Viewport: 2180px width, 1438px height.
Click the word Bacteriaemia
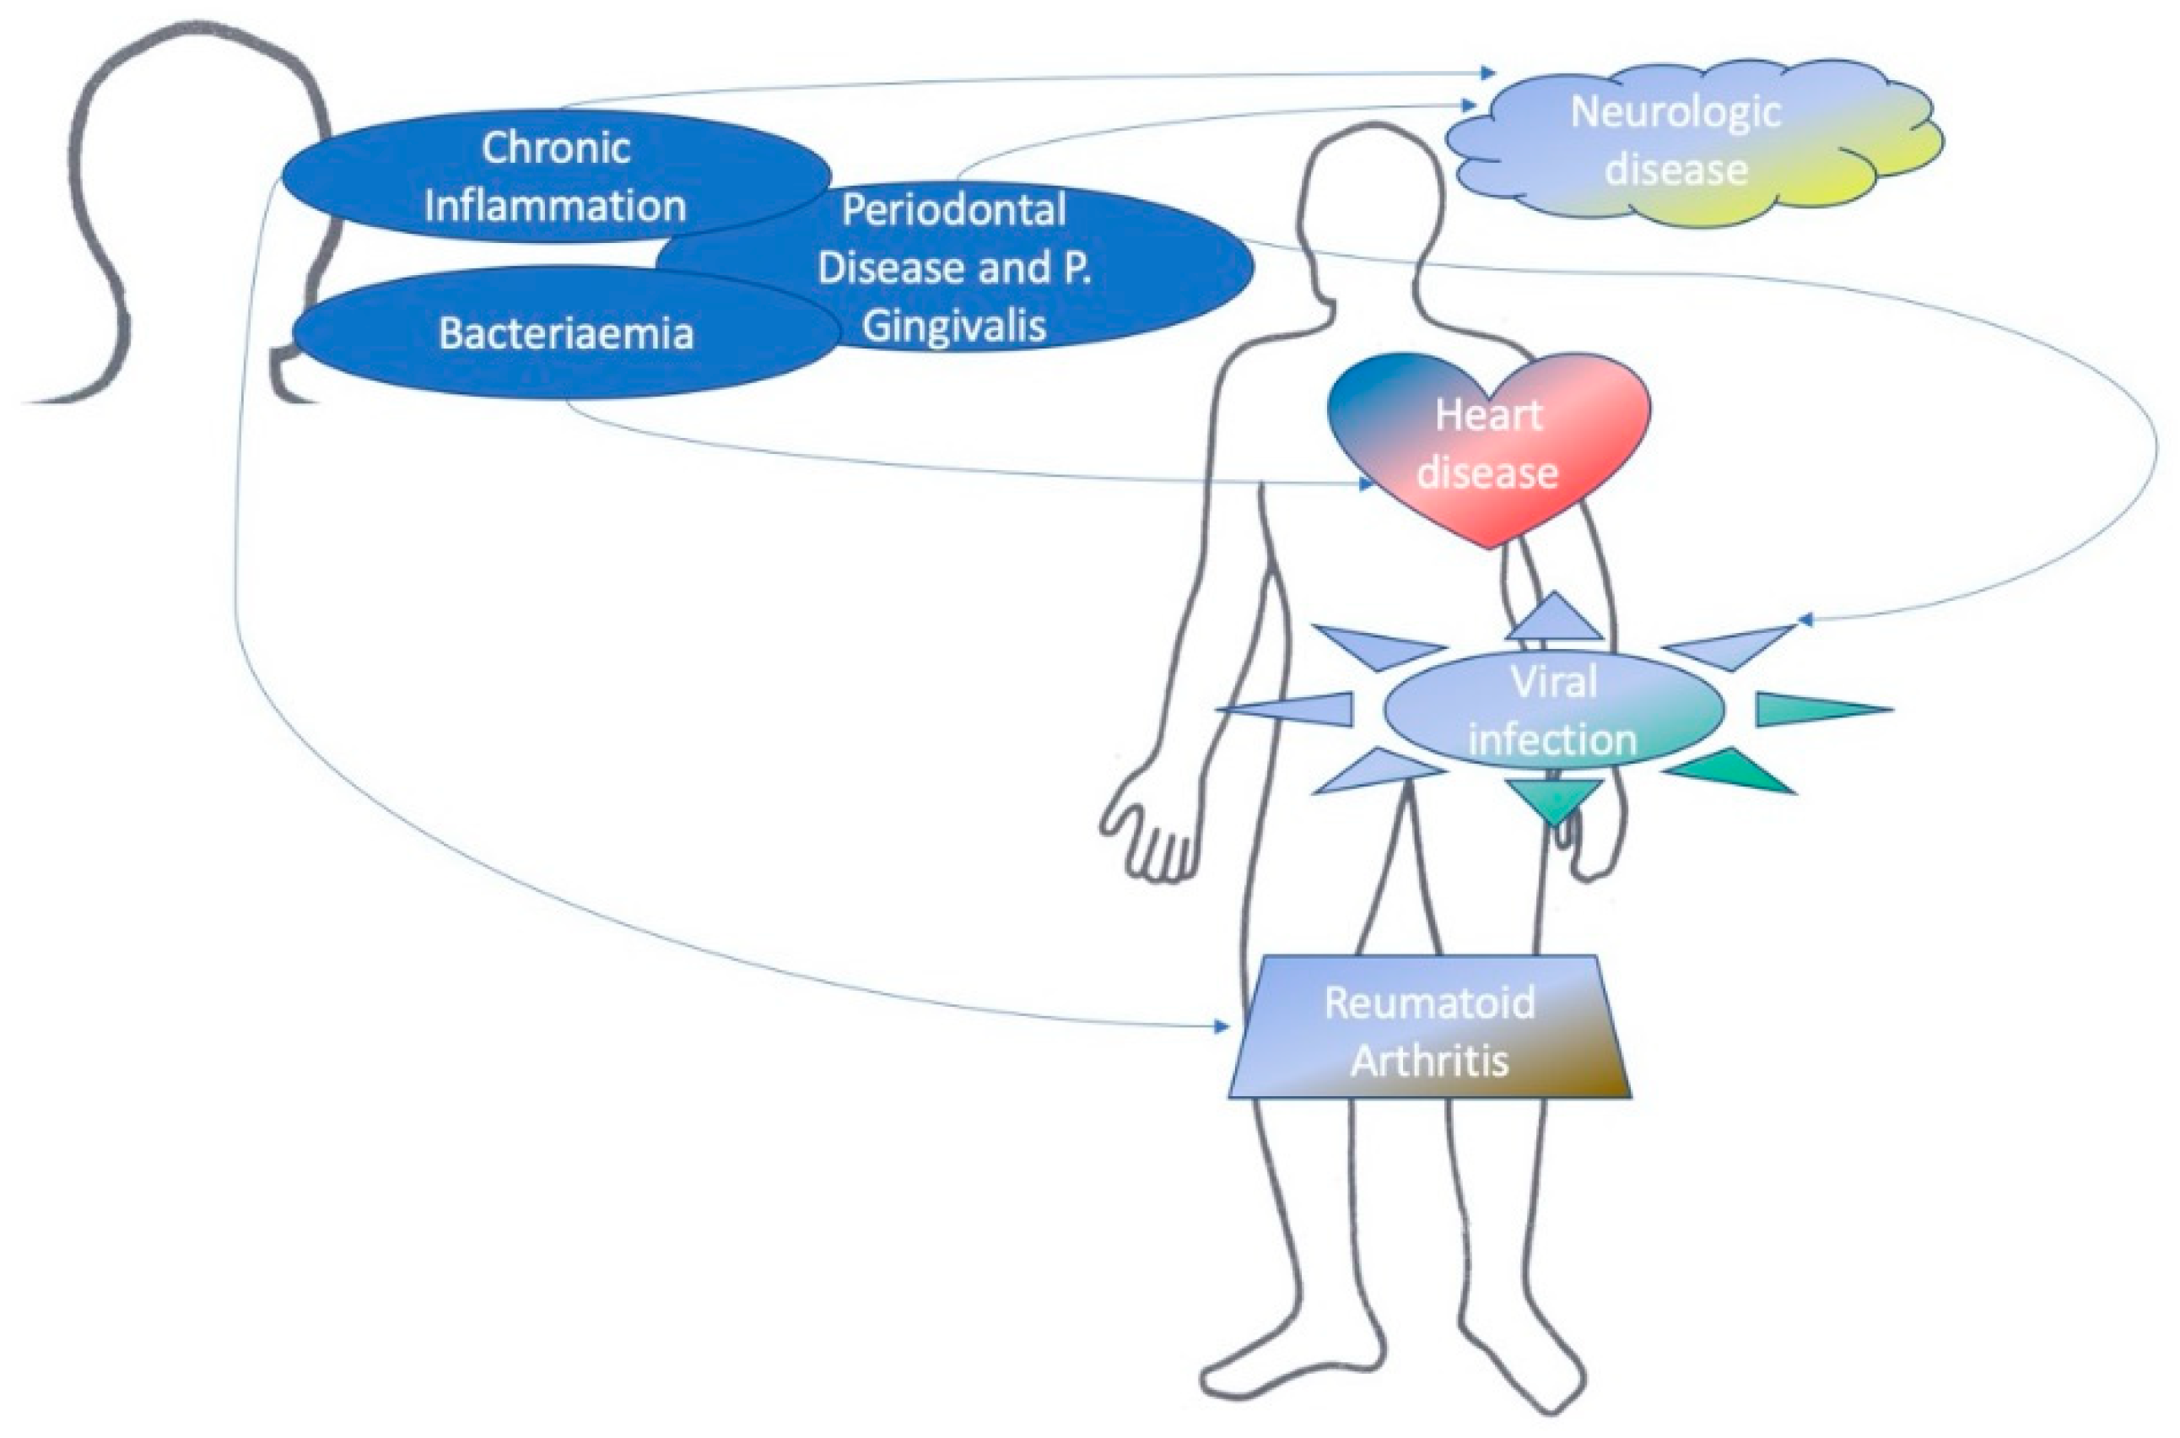[x=565, y=334]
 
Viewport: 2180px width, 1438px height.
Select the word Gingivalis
[x=953, y=327]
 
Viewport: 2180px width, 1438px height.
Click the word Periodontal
[x=953, y=210]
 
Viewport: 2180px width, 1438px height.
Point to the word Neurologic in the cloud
[x=1675, y=112]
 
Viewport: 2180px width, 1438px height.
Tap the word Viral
[x=1553, y=681]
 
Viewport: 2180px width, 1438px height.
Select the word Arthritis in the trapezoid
[x=1429, y=1060]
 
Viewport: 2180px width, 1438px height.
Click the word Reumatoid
[x=1429, y=1003]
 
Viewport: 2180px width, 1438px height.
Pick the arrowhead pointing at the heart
[x=1366, y=484]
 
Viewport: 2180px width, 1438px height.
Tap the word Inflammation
[x=554, y=205]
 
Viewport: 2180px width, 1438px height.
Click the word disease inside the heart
[x=1487, y=473]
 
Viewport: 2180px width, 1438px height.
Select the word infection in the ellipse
[x=1553, y=739]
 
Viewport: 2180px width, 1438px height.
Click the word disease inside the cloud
[x=1675, y=170]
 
